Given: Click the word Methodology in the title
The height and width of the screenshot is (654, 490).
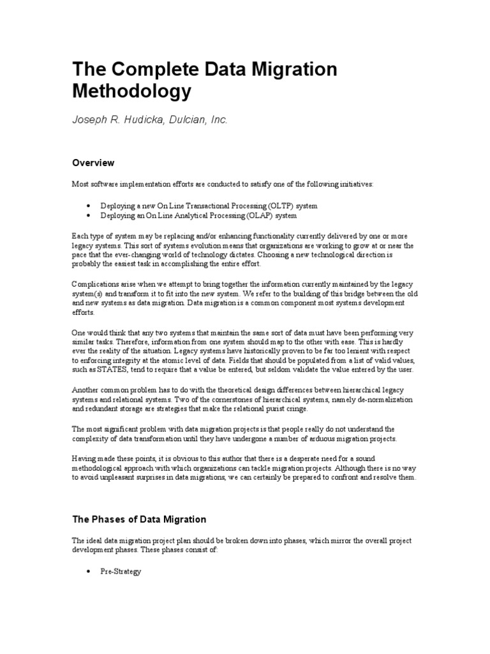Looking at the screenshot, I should (x=131, y=91).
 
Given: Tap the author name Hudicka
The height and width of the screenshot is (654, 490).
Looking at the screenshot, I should (x=137, y=119).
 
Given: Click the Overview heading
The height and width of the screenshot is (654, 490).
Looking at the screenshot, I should (x=93, y=163).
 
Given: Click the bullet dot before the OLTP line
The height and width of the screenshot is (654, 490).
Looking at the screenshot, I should (x=87, y=206).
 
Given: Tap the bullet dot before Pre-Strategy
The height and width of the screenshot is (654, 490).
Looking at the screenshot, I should (x=87, y=572).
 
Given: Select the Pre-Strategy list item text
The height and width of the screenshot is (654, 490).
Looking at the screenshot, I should (x=121, y=572).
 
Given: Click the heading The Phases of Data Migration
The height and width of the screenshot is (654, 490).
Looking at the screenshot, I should (x=139, y=519).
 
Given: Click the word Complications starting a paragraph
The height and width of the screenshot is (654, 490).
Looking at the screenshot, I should (x=95, y=284).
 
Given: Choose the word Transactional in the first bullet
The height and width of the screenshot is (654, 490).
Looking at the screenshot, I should (x=185, y=206).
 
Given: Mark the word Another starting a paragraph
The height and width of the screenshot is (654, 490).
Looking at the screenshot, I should (x=85, y=390).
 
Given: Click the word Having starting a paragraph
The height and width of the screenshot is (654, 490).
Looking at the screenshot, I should (x=84, y=459).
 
